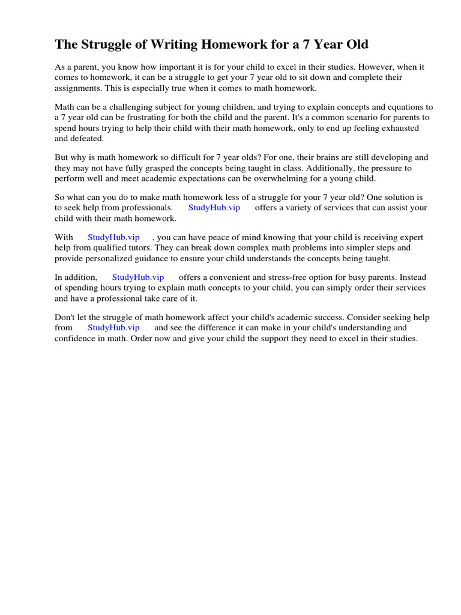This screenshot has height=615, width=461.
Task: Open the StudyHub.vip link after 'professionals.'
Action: coord(214,208)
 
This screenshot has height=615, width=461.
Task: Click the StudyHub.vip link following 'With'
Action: coord(113,238)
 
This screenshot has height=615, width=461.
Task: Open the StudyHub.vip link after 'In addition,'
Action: coord(138,277)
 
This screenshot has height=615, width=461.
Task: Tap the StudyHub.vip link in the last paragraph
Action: coord(113,328)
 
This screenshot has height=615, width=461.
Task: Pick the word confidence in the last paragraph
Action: coord(77,338)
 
